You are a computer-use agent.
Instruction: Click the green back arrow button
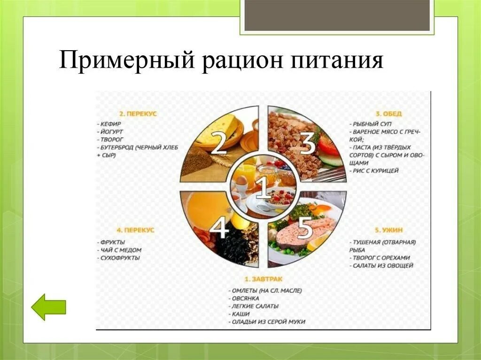coord(48,307)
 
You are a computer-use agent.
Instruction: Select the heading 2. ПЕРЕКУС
coord(138,114)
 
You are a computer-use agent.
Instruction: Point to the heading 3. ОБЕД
coord(388,114)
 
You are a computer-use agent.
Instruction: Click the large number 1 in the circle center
coord(263,187)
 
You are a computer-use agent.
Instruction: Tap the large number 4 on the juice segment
coord(219,229)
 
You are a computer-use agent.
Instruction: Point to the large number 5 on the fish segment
coord(305,228)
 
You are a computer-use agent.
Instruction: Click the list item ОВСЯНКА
coord(246,299)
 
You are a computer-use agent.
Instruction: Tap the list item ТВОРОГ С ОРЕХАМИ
coord(381,258)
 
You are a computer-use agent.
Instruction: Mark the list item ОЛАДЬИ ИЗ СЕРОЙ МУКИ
coord(268,322)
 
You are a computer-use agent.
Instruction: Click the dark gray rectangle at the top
coord(337,15)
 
